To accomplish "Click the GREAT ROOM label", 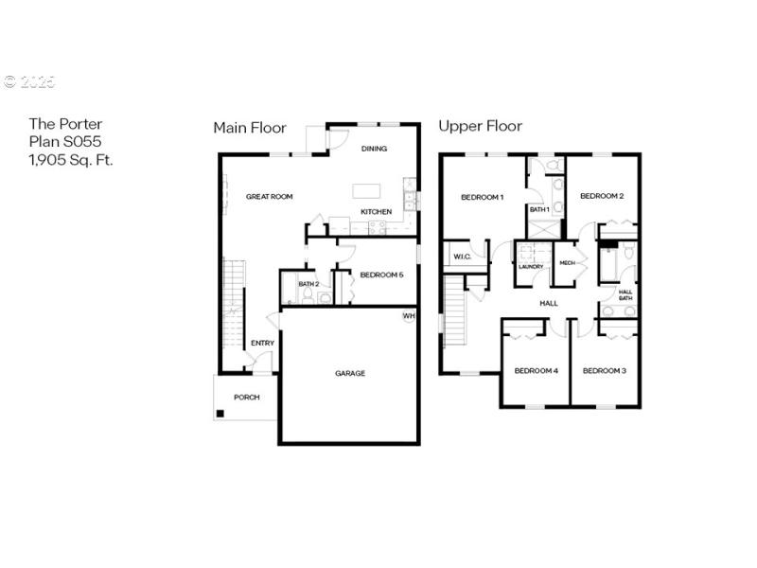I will coord(269,197).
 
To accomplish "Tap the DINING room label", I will coord(375,149).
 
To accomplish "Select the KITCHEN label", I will coord(376,211).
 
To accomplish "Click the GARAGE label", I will coord(349,373).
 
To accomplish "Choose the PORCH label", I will coord(246,397).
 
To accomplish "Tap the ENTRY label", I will coord(262,343).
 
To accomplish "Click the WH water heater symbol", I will coord(408,316).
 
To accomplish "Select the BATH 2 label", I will coord(308,284).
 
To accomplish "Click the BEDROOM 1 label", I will coord(482,197).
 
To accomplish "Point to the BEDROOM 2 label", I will coord(602,196).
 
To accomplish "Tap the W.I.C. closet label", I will coord(462,257).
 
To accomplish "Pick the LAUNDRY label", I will coord(531,266).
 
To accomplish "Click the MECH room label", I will coord(567,263).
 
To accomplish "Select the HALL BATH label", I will coord(625,294).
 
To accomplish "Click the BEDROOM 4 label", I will coord(536,370).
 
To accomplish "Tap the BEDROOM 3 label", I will coord(605,370).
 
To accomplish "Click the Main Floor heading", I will coord(249,127).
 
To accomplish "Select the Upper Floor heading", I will coord(480,126).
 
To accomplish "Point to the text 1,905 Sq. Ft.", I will coord(71,160).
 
